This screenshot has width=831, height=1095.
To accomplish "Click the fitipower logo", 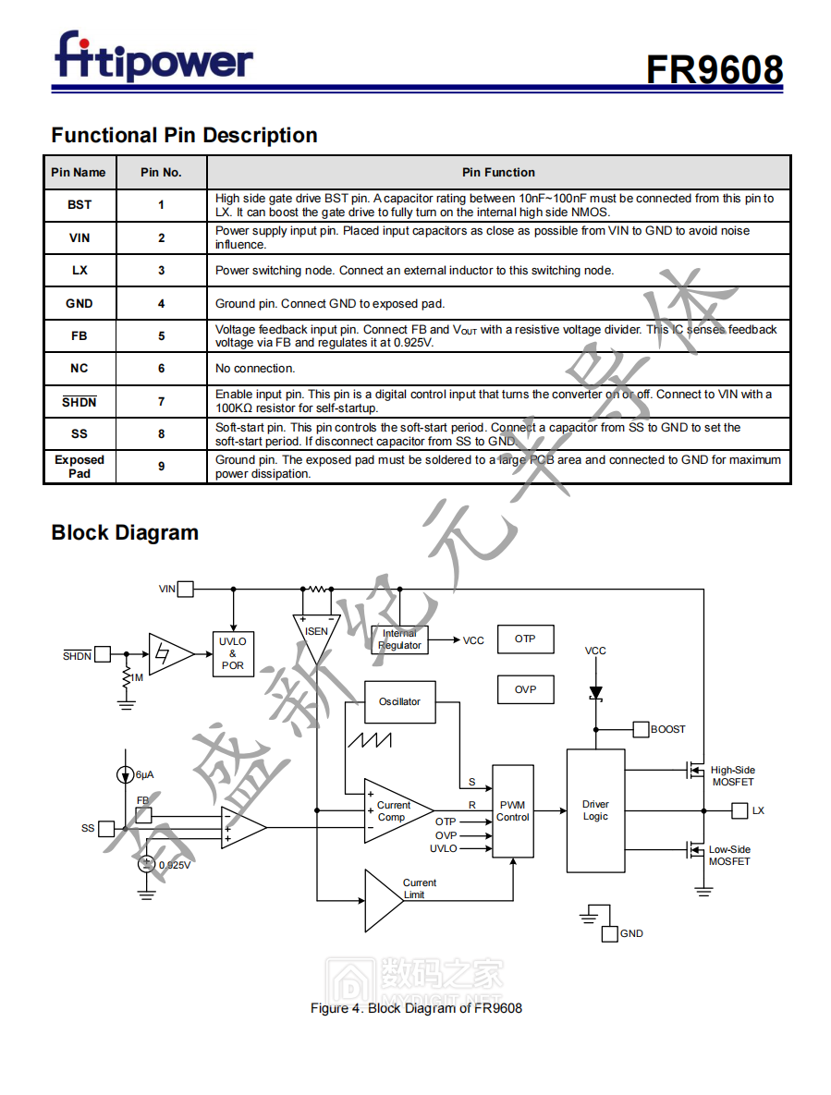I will coord(153,57).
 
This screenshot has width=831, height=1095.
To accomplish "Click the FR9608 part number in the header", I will coord(714,70).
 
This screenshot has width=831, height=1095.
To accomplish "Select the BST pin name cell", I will coord(79,205).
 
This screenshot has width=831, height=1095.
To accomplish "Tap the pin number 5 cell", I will coord(161,336).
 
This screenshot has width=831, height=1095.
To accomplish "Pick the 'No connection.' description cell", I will coord(499,369).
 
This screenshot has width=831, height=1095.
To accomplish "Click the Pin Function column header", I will coord(498,172).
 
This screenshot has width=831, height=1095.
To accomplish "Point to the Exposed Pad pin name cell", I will coord(79,467).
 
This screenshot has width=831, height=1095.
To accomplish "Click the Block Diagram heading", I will coord(125,532).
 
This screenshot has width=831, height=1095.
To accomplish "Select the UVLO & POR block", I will coord(232,653).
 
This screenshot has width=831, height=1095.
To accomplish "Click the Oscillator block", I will coord(399,702).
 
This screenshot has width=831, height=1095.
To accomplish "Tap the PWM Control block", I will coord(512,811).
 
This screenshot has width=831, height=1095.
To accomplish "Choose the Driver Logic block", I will coord(595,810).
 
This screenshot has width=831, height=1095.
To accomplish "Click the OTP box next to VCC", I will coord(525,639).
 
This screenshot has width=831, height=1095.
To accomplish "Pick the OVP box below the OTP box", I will coord(525,689).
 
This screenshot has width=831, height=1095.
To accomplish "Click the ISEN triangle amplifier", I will coord(316,633).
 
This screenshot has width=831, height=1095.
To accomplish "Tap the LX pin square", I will coord(739,810).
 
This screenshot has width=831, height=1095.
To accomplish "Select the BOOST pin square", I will coord(641,730).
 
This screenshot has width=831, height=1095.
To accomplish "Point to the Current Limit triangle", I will coord(384,900).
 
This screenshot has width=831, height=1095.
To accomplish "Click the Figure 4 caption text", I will coord(416,1008).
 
